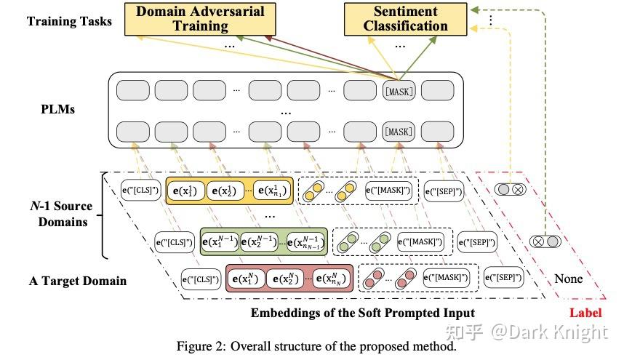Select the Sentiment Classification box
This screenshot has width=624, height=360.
405,19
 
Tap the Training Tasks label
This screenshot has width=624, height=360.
70,20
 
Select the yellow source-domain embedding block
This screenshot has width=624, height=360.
229,191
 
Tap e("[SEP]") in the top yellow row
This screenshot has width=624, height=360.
444,191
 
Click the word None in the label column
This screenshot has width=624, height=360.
569,278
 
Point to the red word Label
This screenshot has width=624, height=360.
585,313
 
